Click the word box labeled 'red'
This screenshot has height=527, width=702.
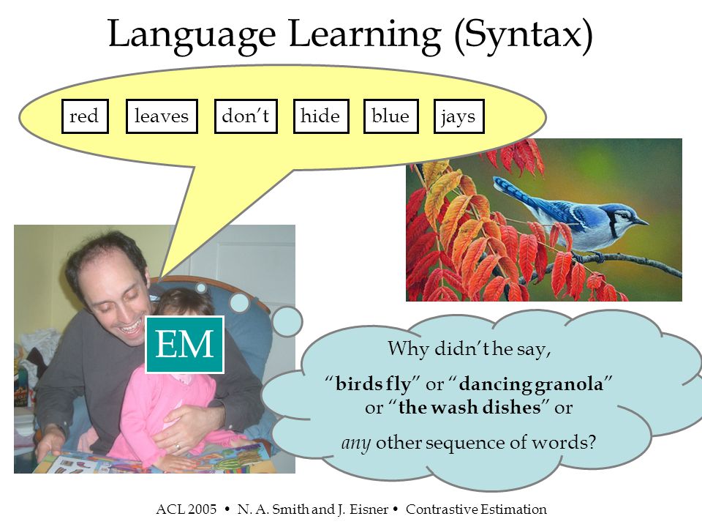coord(85,116)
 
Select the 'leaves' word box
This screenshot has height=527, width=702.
coord(162,116)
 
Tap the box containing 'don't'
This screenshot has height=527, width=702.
coord(246,116)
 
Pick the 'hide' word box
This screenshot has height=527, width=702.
coord(321,116)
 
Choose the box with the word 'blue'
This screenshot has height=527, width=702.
coord(390,116)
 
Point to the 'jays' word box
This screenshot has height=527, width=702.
coord(459,116)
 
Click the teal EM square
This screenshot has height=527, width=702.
coord(184,345)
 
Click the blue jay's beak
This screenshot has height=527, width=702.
coord(642,221)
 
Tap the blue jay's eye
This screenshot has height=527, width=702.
coord(625,215)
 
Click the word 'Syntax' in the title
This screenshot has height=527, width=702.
coord(523,36)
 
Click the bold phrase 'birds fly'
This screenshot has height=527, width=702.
coord(373,384)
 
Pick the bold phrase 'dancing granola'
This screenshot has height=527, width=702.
coord(531,384)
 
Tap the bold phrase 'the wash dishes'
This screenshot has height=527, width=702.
coord(469,408)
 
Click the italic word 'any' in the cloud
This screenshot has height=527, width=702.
coord(355,444)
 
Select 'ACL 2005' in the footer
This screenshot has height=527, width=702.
coord(186,509)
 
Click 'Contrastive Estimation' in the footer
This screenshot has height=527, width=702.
coord(476,509)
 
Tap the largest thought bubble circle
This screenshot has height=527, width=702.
coord(287,322)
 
